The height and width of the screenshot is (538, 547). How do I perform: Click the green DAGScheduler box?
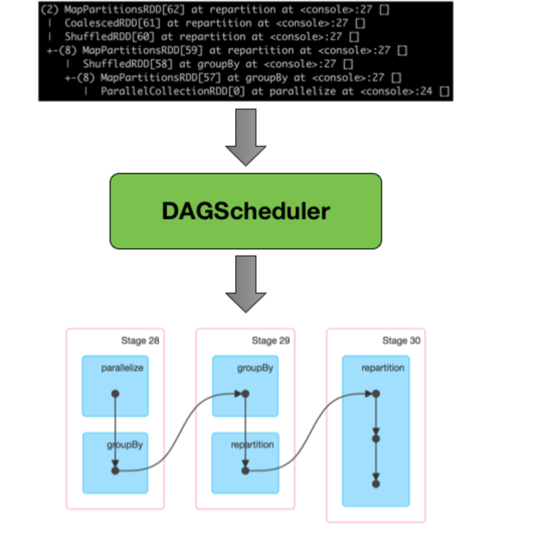245,211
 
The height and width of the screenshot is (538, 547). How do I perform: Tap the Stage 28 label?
140,341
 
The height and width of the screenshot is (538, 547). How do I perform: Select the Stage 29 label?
270,341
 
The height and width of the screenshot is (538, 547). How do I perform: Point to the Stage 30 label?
401,341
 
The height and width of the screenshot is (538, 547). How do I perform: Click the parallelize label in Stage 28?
122,368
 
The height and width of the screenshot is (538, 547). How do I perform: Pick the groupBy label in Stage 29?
255,368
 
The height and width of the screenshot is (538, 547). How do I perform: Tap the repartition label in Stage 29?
252,445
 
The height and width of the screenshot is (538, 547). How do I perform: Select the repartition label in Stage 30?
383,368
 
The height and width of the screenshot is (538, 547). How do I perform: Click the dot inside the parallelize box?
115,394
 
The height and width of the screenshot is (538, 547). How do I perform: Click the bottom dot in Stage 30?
376,484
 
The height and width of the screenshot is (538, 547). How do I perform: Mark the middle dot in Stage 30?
376,438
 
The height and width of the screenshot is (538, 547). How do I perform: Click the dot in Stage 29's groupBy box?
245,394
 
